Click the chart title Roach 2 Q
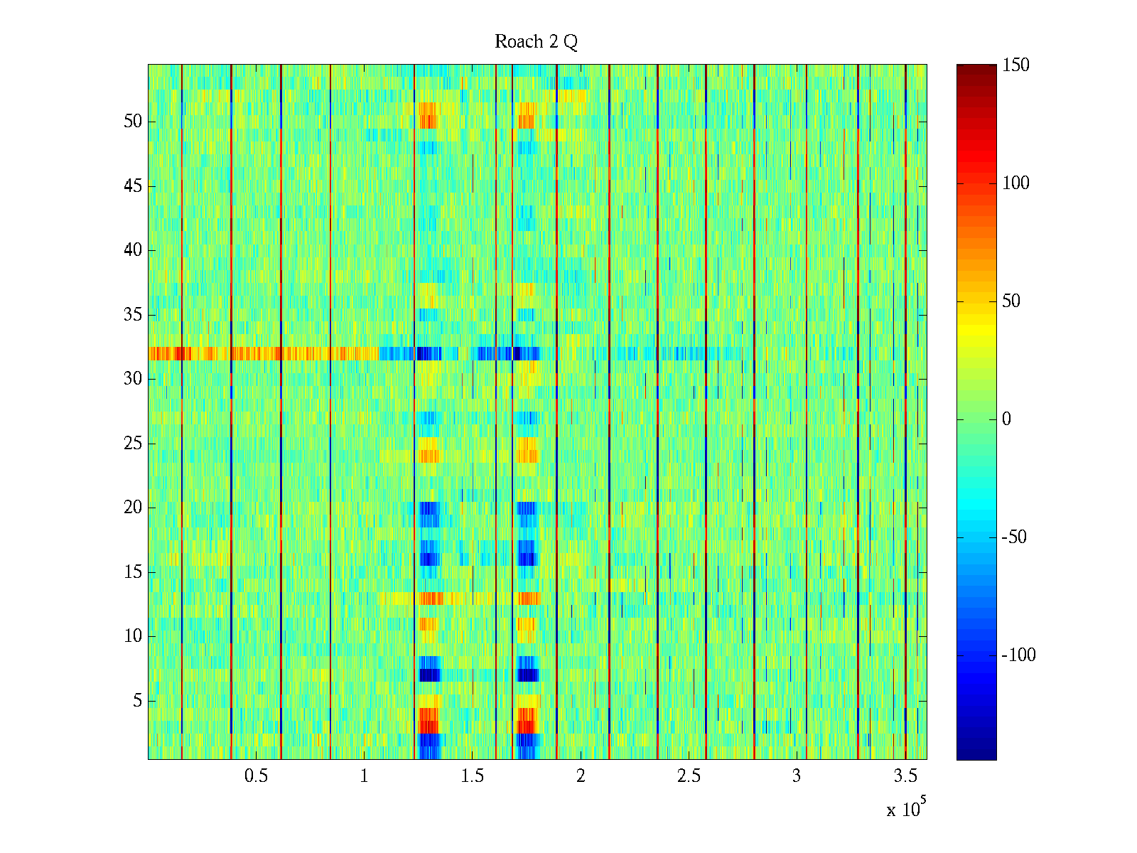(x=536, y=42)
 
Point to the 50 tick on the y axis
(x=133, y=122)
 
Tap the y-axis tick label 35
(x=133, y=315)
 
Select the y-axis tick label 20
(x=133, y=508)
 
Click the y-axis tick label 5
(x=137, y=701)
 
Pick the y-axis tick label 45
(x=133, y=186)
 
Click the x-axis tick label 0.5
(x=256, y=776)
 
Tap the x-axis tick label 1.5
(x=473, y=776)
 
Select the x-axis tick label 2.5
(x=689, y=776)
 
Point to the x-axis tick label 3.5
(x=905, y=776)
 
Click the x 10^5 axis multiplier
(x=905, y=809)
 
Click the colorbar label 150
(x=1015, y=65)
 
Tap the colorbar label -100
(x=1018, y=655)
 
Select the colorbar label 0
(x=1006, y=419)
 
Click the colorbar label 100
(x=1015, y=183)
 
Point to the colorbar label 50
(x=1011, y=301)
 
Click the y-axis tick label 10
(x=133, y=636)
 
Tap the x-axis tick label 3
(x=797, y=776)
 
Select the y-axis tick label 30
(x=133, y=379)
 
